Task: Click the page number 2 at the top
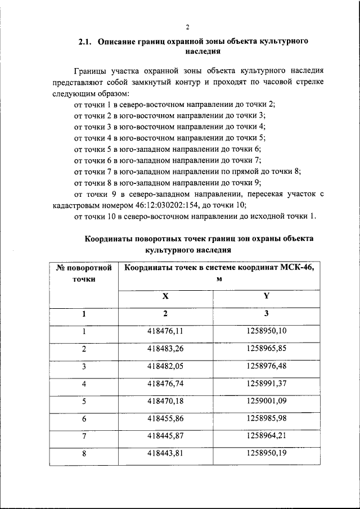(187, 26)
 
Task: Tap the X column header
(165, 296)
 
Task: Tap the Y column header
(266, 296)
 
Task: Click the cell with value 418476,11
(165, 331)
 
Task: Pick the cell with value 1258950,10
(266, 331)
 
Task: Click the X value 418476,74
(165, 384)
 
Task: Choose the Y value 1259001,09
(266, 402)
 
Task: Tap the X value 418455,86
(165, 419)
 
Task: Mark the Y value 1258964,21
(266, 436)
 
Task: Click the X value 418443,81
(165, 454)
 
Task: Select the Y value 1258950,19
(266, 454)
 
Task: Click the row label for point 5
(84, 402)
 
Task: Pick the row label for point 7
(84, 436)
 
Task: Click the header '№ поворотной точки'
(84, 273)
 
